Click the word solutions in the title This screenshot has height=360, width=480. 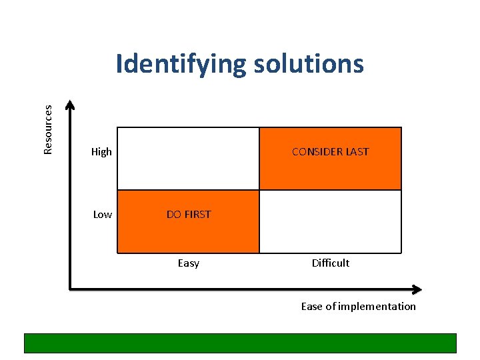308,64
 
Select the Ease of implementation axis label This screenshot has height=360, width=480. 358,307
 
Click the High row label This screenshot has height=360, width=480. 101,152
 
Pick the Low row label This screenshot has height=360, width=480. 102,215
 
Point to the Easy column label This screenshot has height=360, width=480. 188,263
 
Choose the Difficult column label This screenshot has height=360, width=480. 330,263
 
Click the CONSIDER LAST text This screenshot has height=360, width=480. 330,152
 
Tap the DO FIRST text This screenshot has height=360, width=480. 188,215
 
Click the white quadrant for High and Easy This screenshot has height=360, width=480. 188,159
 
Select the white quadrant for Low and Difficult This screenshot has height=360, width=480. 330,222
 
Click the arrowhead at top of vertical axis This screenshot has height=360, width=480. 71,105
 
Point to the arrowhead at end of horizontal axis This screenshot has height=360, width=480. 417,289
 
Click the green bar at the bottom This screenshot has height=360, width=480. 240,343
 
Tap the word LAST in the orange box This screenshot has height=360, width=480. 357,152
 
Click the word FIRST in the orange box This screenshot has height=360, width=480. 197,215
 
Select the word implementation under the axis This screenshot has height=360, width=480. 378,307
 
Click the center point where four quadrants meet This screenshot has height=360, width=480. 259,190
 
